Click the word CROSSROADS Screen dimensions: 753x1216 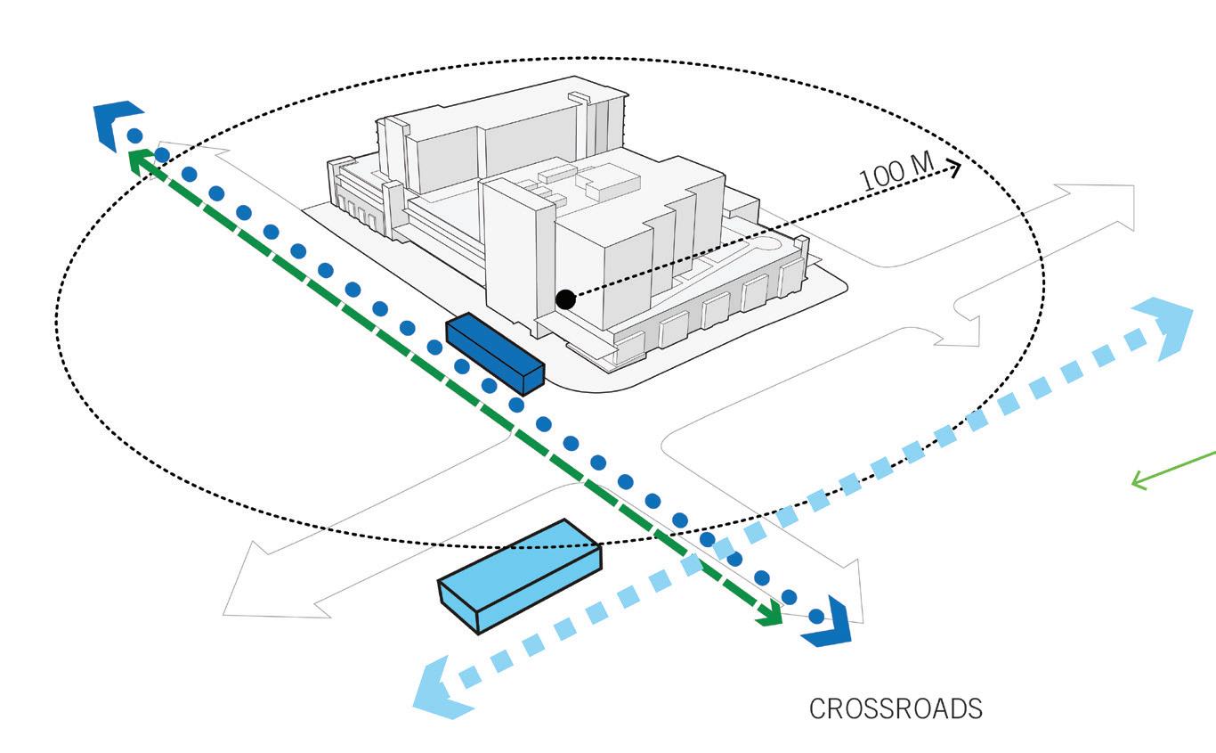pos(896,709)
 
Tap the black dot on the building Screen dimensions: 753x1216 pos(564,299)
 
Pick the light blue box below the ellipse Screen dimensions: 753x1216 pos(520,576)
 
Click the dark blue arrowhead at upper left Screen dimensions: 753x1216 pos(116,122)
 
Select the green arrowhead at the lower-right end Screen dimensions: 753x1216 pos(768,614)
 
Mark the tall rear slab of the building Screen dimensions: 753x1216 pos(481,143)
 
